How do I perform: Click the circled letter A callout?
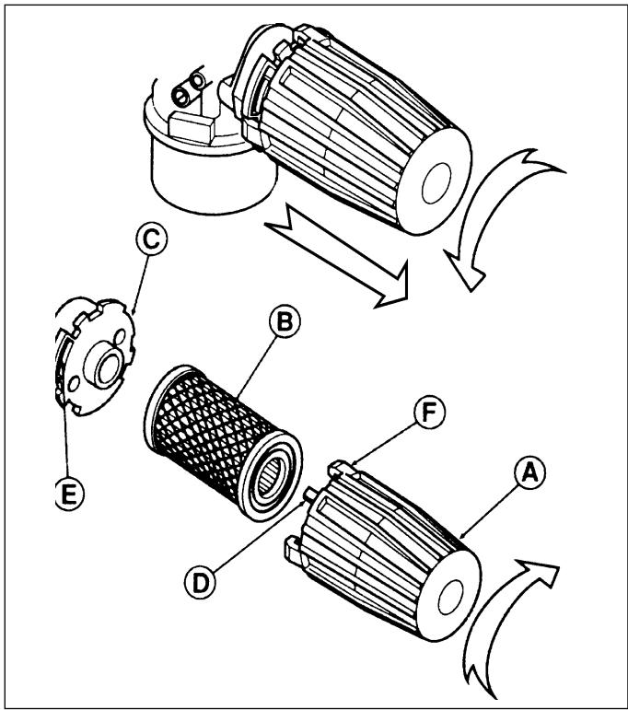[x=529, y=472]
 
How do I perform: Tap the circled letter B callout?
[x=285, y=321]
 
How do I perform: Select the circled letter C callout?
[x=151, y=239]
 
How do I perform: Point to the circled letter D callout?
[x=200, y=583]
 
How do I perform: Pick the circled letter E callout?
[x=69, y=494]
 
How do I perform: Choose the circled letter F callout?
[x=429, y=412]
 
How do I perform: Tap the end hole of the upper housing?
[x=436, y=183]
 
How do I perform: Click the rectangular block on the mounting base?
[x=192, y=126]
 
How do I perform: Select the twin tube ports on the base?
[x=190, y=89]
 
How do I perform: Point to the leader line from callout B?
[x=256, y=366]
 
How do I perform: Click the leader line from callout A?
[x=489, y=511]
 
